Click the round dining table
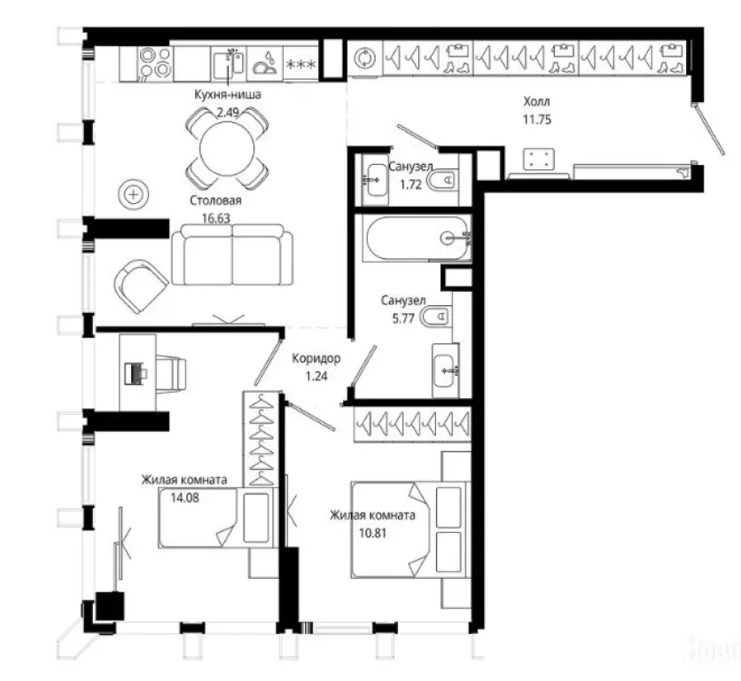pyautogui.click(x=227, y=148)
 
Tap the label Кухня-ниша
pyautogui.click(x=227, y=95)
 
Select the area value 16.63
pyautogui.click(x=216, y=218)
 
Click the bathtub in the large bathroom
pyautogui.click(x=417, y=238)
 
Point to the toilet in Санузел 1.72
pyautogui.click(x=442, y=180)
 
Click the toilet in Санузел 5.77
pyautogui.click(x=435, y=317)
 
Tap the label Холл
pyautogui.click(x=536, y=101)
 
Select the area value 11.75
pyautogui.click(x=537, y=120)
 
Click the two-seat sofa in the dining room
pyautogui.click(x=231, y=254)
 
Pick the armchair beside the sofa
pyautogui.click(x=140, y=286)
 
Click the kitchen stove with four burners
pyautogui.click(x=154, y=63)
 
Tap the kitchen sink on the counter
pyautogui.click(x=229, y=65)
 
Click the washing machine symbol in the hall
pyautogui.click(x=365, y=59)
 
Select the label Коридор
pyautogui.click(x=316, y=358)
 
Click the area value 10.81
pyautogui.click(x=373, y=533)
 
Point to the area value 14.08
pyautogui.click(x=184, y=497)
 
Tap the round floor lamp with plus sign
pyautogui.click(x=134, y=194)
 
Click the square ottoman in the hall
pyautogui.click(x=539, y=159)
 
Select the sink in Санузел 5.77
pyautogui.click(x=445, y=371)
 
